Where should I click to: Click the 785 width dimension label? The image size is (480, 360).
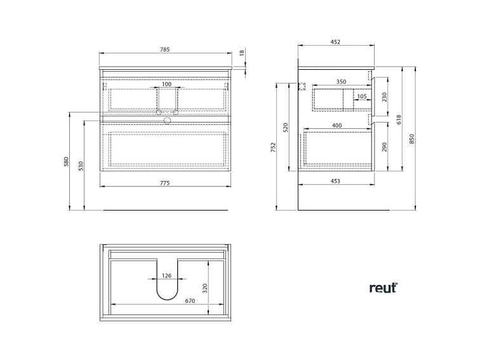pos(164,50)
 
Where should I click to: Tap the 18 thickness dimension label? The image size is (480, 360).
pos(242,53)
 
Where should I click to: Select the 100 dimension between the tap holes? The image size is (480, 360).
pos(166,84)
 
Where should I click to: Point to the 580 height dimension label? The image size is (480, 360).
pos(67,161)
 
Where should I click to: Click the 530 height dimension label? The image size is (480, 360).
pos(81,166)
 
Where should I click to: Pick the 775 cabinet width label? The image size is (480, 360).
pos(164,183)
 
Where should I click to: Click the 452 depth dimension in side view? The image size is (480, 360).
pos(335,42)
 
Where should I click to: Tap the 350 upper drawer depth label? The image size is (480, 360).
pos(341,82)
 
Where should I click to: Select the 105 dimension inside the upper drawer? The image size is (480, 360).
pos(362,97)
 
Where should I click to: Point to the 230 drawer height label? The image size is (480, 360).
pos(385,97)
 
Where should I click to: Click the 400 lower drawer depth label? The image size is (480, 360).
pos(337,125)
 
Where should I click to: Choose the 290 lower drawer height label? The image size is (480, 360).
pos(385,147)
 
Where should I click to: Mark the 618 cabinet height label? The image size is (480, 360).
pos(399,119)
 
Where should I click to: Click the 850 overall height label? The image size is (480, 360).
pos(411,139)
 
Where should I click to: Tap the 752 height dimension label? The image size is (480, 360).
pos(274,147)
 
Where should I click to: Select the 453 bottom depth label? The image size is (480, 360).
pos(335,181)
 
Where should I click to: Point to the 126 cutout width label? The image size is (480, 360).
pos(166,276)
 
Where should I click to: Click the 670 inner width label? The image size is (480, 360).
pos(190,301)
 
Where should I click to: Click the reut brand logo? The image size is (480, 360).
pos(383,288)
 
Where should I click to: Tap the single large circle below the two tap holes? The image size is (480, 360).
pos(167,121)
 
